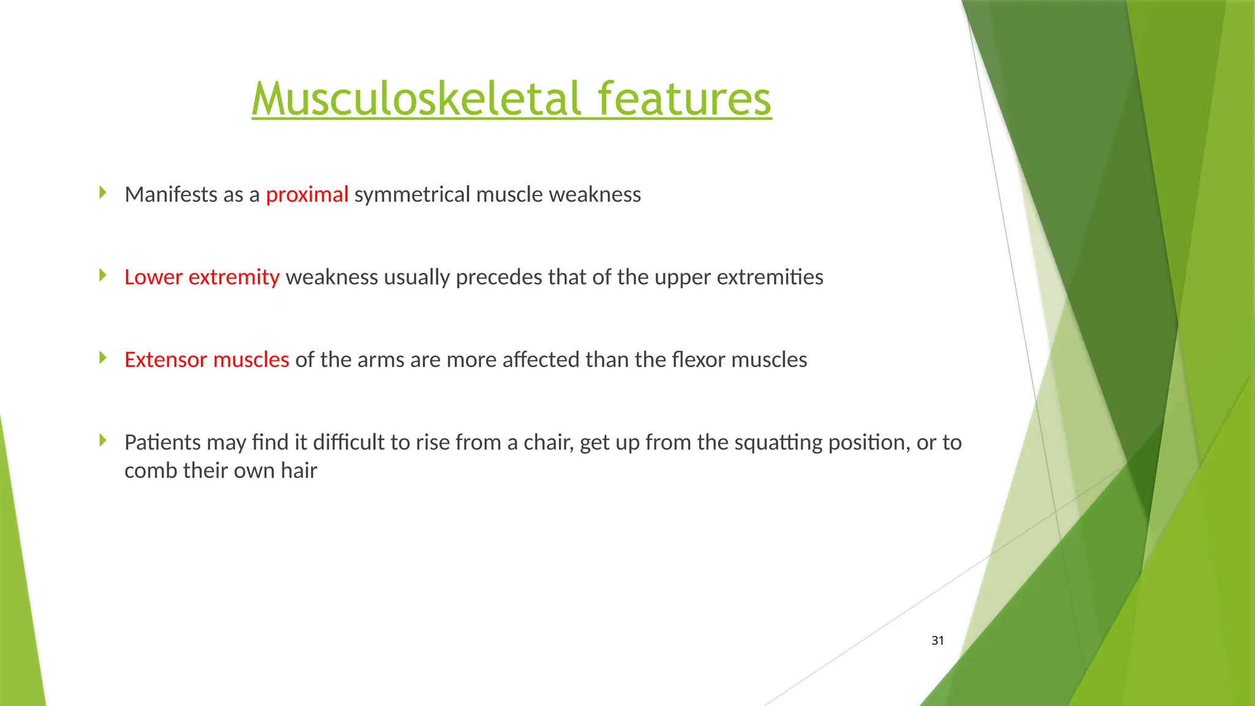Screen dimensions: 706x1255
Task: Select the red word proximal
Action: point(307,194)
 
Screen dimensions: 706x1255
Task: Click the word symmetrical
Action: point(412,194)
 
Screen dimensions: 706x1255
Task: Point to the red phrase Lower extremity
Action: point(202,277)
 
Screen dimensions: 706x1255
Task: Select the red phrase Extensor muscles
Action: point(207,360)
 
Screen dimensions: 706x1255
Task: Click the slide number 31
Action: point(938,640)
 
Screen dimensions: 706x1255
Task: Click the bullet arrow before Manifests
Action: point(103,193)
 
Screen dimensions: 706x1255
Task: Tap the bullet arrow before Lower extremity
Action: point(103,275)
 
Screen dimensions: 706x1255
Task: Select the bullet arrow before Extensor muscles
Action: point(103,358)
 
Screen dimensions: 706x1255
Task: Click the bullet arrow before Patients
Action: point(103,441)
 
